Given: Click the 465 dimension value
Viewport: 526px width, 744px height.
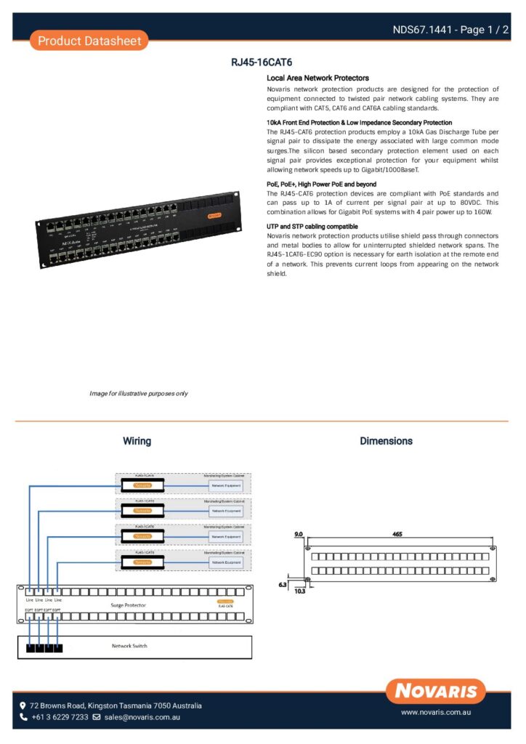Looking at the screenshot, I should click(x=397, y=534).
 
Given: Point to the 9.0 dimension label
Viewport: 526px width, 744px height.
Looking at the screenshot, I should click(x=298, y=534).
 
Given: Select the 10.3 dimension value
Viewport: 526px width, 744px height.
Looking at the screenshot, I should click(x=300, y=592).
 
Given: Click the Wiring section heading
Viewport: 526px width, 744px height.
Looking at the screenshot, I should click(x=137, y=441).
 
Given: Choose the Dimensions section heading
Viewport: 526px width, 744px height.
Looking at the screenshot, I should click(x=386, y=441).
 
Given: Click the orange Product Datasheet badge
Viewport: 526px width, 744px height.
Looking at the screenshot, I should click(x=89, y=41).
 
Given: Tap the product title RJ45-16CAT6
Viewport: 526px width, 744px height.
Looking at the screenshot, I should click(x=262, y=63).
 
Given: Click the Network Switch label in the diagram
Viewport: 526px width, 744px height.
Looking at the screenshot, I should click(x=130, y=646).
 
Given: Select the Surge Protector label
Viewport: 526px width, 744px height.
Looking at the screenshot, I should click(x=128, y=604).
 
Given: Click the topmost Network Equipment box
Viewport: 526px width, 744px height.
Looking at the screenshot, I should click(x=226, y=485).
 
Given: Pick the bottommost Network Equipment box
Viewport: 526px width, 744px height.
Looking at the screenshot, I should click(x=226, y=562).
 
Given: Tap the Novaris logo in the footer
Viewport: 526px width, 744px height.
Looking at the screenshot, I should click(x=435, y=691).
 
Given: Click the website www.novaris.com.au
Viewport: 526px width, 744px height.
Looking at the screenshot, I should click(x=437, y=713).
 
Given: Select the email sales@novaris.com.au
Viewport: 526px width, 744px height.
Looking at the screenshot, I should click(x=142, y=717).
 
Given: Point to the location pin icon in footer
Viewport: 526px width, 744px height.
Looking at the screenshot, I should click(x=23, y=705).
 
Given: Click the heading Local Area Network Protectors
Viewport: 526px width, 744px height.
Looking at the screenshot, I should click(x=317, y=78).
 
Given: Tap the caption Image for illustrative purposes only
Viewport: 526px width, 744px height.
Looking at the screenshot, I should click(x=139, y=393).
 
